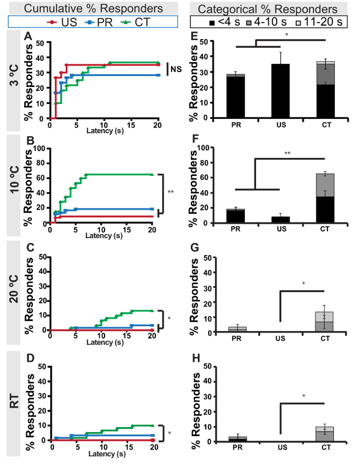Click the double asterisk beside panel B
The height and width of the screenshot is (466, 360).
point(171,192)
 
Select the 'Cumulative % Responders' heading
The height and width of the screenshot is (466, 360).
point(93,9)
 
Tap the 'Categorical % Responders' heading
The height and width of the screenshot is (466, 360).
point(267,9)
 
